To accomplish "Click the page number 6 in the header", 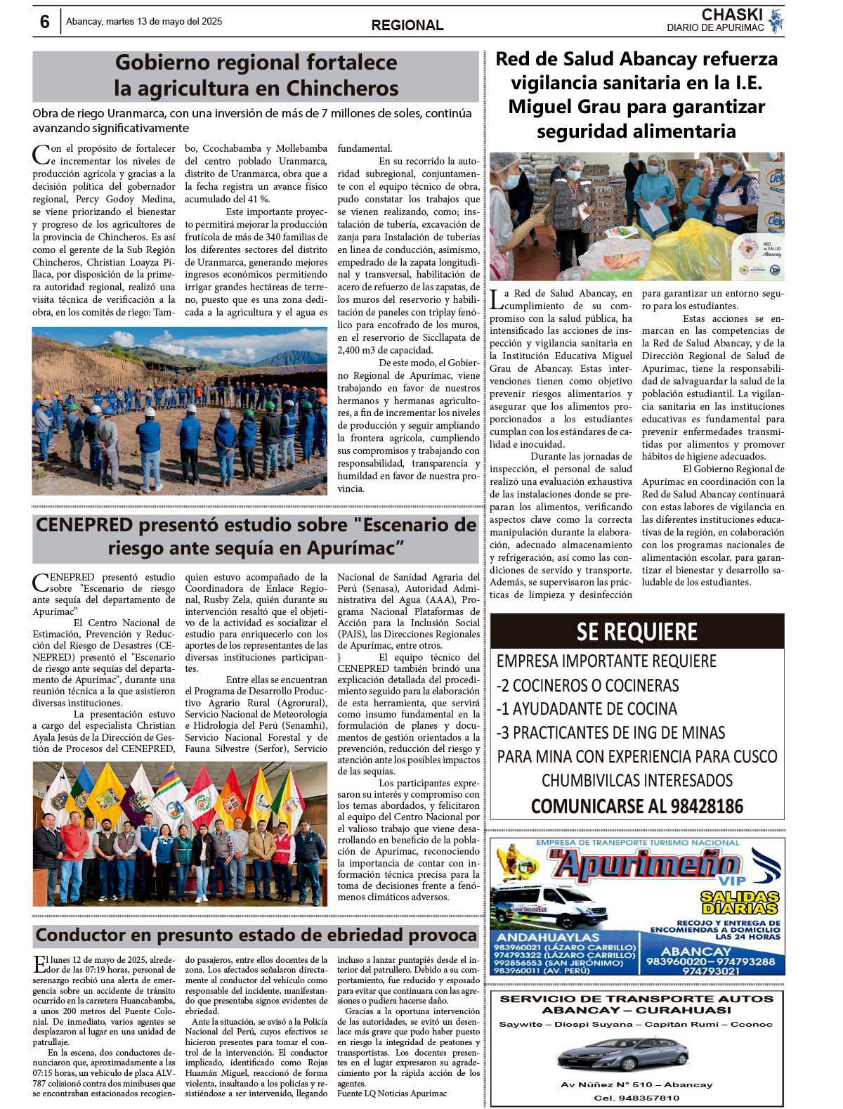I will tap(44, 22).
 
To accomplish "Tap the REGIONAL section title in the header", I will tap(407, 25).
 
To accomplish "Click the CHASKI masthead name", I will tap(732, 15).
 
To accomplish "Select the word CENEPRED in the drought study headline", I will tap(84, 525).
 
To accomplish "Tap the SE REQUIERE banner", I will tap(636, 631).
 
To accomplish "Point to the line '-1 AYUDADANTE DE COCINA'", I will tap(587, 708).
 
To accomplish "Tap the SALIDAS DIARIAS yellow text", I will tap(740, 902).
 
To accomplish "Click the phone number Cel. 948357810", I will tap(636, 1097).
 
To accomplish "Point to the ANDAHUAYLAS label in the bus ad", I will tap(548, 937).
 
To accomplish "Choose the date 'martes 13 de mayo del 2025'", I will tap(144, 22).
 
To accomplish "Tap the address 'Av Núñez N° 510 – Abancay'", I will tap(636, 1084).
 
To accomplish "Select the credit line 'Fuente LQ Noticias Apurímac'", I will tap(392, 1094).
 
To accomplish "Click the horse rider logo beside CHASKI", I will tap(776, 21).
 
